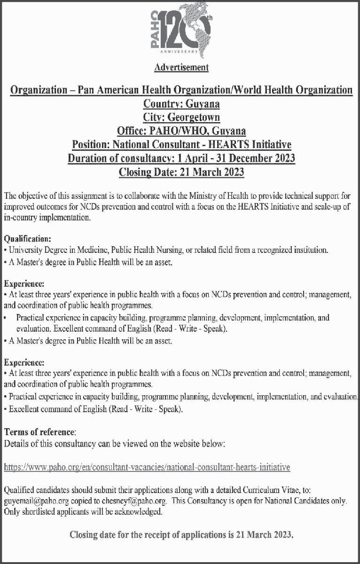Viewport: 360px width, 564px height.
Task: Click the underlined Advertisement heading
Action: tap(181, 68)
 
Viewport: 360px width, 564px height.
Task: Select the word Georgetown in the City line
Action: tap(200, 116)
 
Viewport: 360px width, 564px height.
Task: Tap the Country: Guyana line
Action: tap(181, 102)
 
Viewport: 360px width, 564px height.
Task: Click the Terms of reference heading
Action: tap(39, 431)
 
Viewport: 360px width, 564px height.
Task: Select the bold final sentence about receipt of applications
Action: tap(181, 534)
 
